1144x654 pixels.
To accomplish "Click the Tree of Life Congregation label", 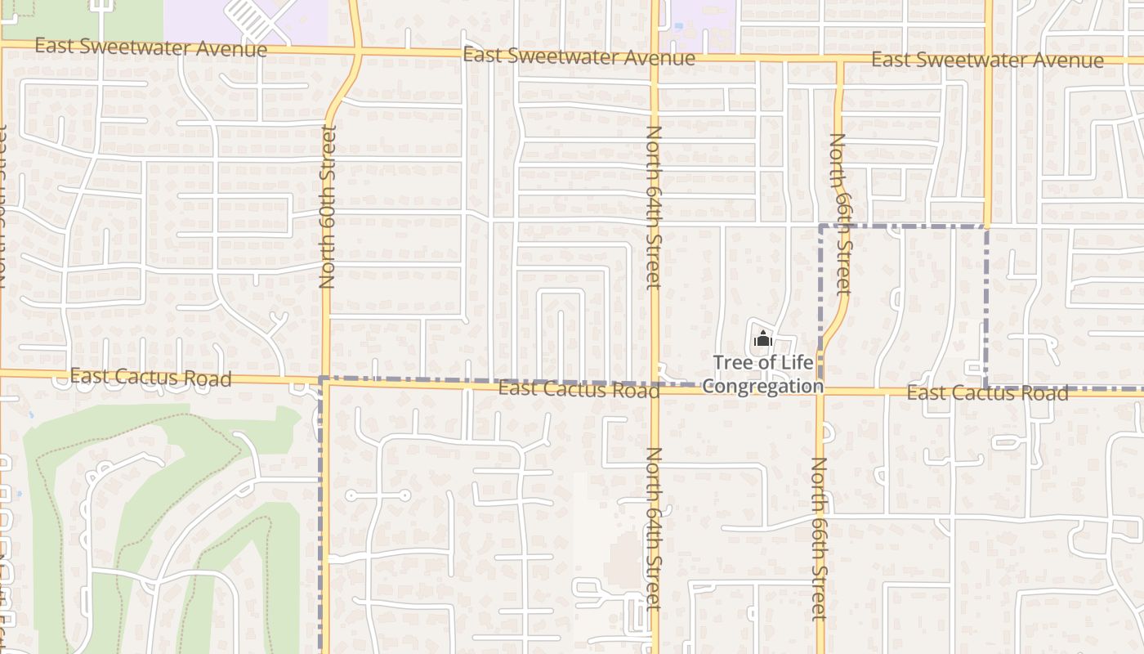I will point(763,374).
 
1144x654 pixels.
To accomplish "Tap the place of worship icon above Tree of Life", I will point(763,338).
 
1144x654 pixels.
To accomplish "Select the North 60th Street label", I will point(328,207).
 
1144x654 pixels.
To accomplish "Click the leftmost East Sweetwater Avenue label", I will point(151,47).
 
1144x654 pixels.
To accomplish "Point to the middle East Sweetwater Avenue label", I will point(579,57).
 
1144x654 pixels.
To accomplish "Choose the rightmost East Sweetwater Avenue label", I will point(987,60).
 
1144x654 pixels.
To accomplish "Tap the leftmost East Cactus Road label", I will point(151,377).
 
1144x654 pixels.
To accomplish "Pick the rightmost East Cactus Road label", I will point(987,393).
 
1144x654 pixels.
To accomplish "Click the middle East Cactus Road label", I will point(579,389).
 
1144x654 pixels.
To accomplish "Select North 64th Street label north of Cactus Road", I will point(653,208).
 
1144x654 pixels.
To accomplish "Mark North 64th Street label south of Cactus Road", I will point(653,528).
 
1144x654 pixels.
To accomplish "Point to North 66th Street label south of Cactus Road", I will point(819,539).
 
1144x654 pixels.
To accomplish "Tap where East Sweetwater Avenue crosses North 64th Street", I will point(655,56).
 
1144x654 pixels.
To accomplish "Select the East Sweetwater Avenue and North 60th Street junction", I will point(357,52).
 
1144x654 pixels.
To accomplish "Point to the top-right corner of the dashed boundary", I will point(986,226).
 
